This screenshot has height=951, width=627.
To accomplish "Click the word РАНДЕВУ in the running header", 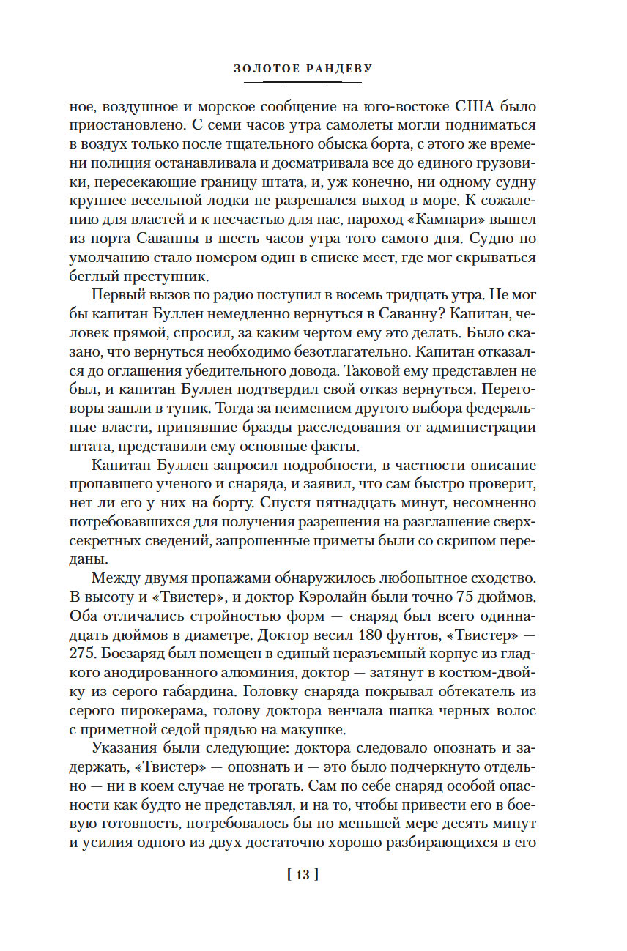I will coord(338,69).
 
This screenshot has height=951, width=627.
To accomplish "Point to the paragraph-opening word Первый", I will coord(117,297).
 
